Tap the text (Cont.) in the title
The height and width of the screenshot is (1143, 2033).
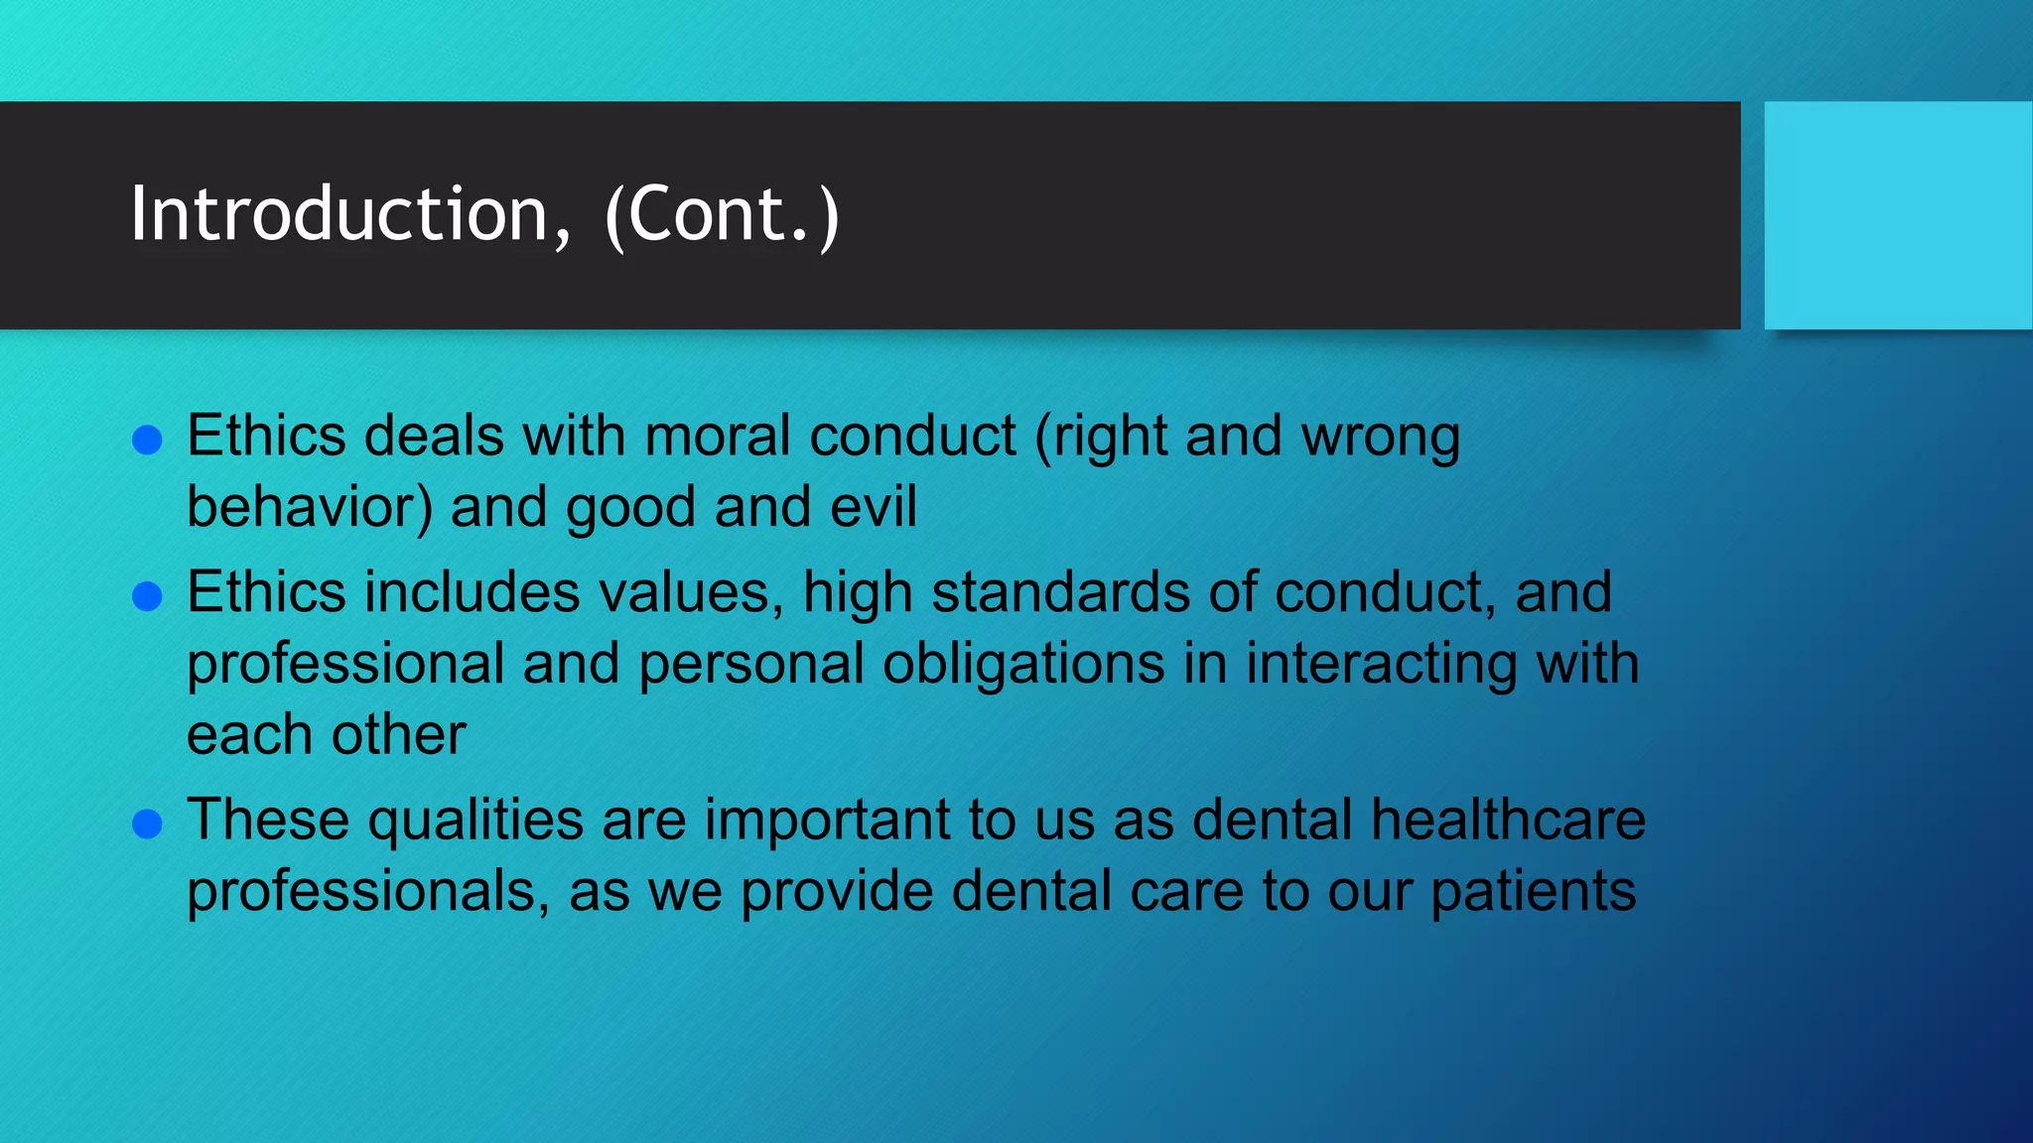pyautogui.click(x=722, y=214)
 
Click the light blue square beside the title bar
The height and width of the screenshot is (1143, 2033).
pyautogui.click(x=1897, y=215)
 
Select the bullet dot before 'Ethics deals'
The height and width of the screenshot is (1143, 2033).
pyautogui.click(x=147, y=441)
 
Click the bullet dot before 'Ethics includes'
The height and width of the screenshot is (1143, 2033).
pyautogui.click(x=147, y=596)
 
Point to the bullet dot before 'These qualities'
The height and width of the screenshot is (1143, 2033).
pyautogui.click(x=147, y=824)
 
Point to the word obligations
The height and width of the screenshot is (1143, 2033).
pyautogui.click(x=1023, y=664)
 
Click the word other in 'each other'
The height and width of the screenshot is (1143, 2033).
pyautogui.click(x=398, y=735)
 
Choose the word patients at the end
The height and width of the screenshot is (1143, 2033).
pyautogui.click(x=1533, y=891)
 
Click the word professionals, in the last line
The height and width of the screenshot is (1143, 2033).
pyautogui.click(x=368, y=891)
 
